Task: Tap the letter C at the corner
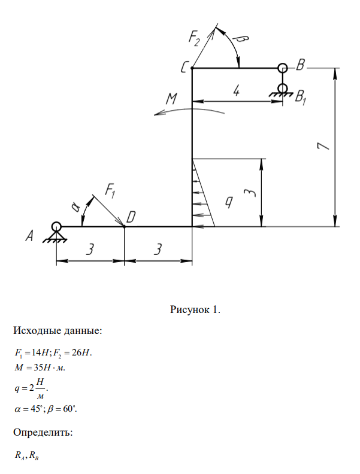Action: [x=184, y=69]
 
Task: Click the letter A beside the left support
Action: [x=28, y=238]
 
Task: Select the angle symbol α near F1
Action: [x=75, y=207]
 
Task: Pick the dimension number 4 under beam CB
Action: [x=237, y=91]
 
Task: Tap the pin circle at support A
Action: [x=57, y=226]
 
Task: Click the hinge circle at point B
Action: [x=283, y=68]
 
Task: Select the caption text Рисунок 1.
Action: [x=195, y=309]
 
